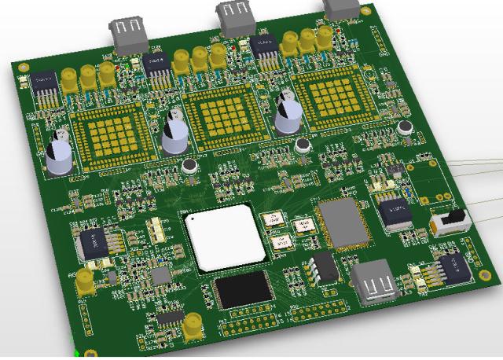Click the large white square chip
pos(225,239)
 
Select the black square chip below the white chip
pos(244,291)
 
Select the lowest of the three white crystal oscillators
pos(281,244)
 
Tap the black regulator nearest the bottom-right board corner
pos(453,269)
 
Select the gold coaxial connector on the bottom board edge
pos(192,327)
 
